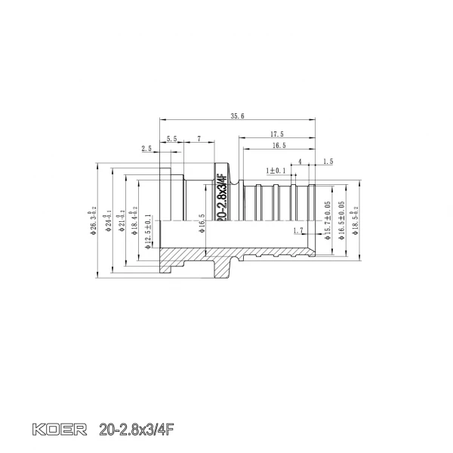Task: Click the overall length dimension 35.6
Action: click(x=238, y=116)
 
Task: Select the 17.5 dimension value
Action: click(x=277, y=134)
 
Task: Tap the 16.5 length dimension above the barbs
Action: click(x=278, y=145)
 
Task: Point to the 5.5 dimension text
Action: click(x=171, y=139)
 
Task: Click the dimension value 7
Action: click(x=199, y=139)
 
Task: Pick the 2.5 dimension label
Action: click(x=146, y=149)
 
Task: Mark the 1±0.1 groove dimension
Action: click(x=276, y=171)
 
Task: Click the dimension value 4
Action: click(x=300, y=162)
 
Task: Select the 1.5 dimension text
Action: click(x=328, y=162)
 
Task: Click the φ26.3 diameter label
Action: click(x=94, y=220)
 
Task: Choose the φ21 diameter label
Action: click(x=122, y=220)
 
